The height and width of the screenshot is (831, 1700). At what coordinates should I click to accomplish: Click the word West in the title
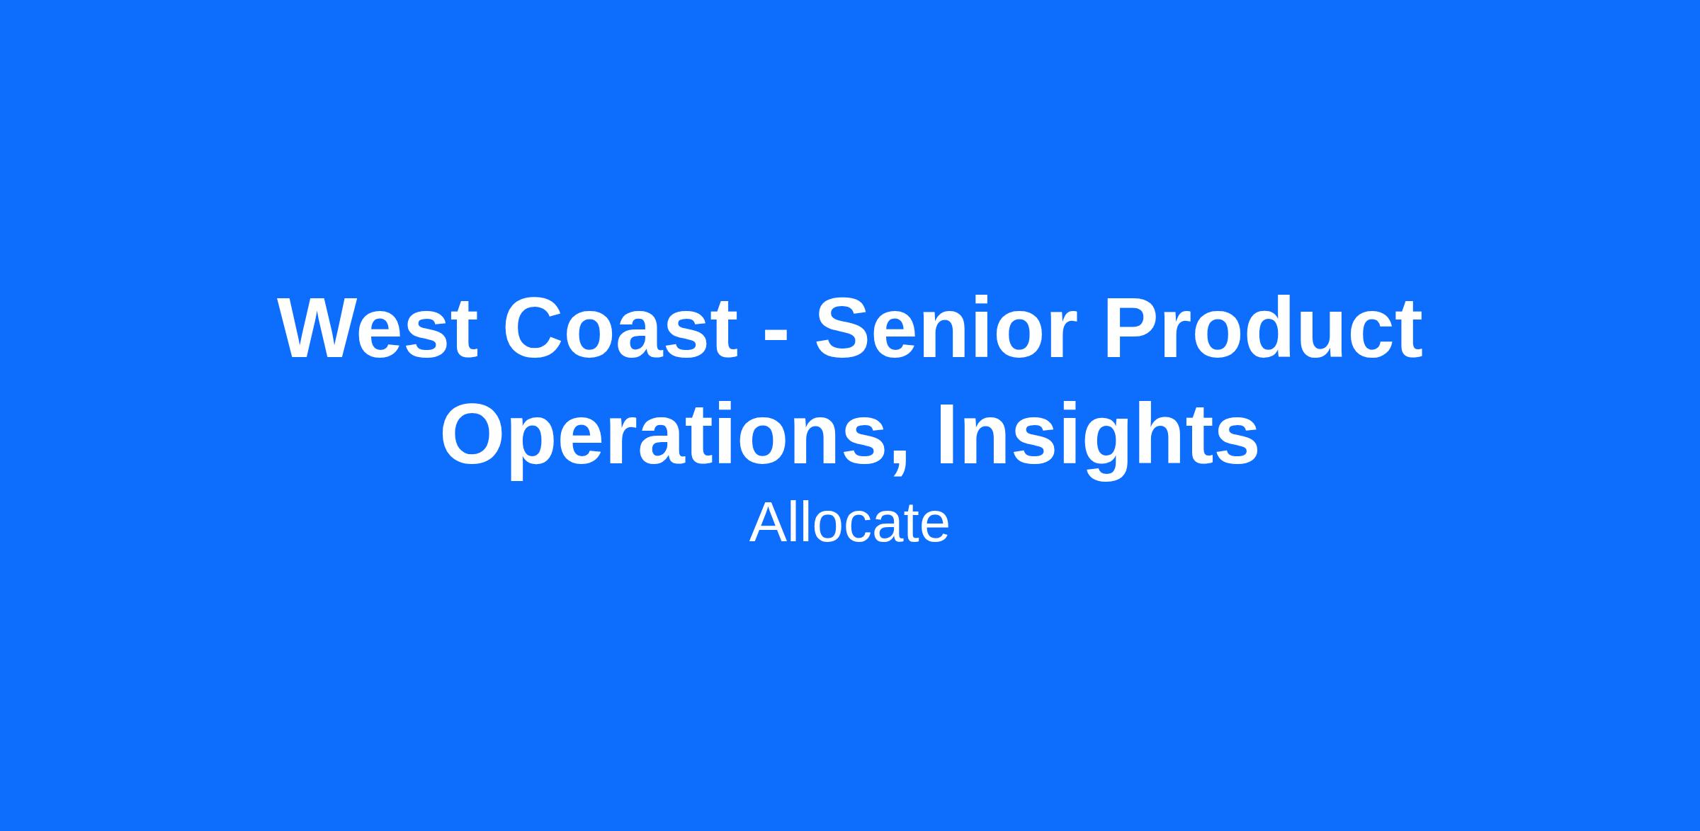(x=378, y=328)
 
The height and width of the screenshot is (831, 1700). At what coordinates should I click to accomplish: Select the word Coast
(x=620, y=329)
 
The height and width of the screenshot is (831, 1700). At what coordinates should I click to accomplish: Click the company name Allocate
(x=849, y=523)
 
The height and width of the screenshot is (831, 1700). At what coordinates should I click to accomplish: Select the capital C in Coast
(x=533, y=329)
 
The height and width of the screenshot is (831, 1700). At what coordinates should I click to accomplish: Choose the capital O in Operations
(x=473, y=434)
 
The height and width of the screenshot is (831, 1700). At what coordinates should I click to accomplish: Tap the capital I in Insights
(x=947, y=434)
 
